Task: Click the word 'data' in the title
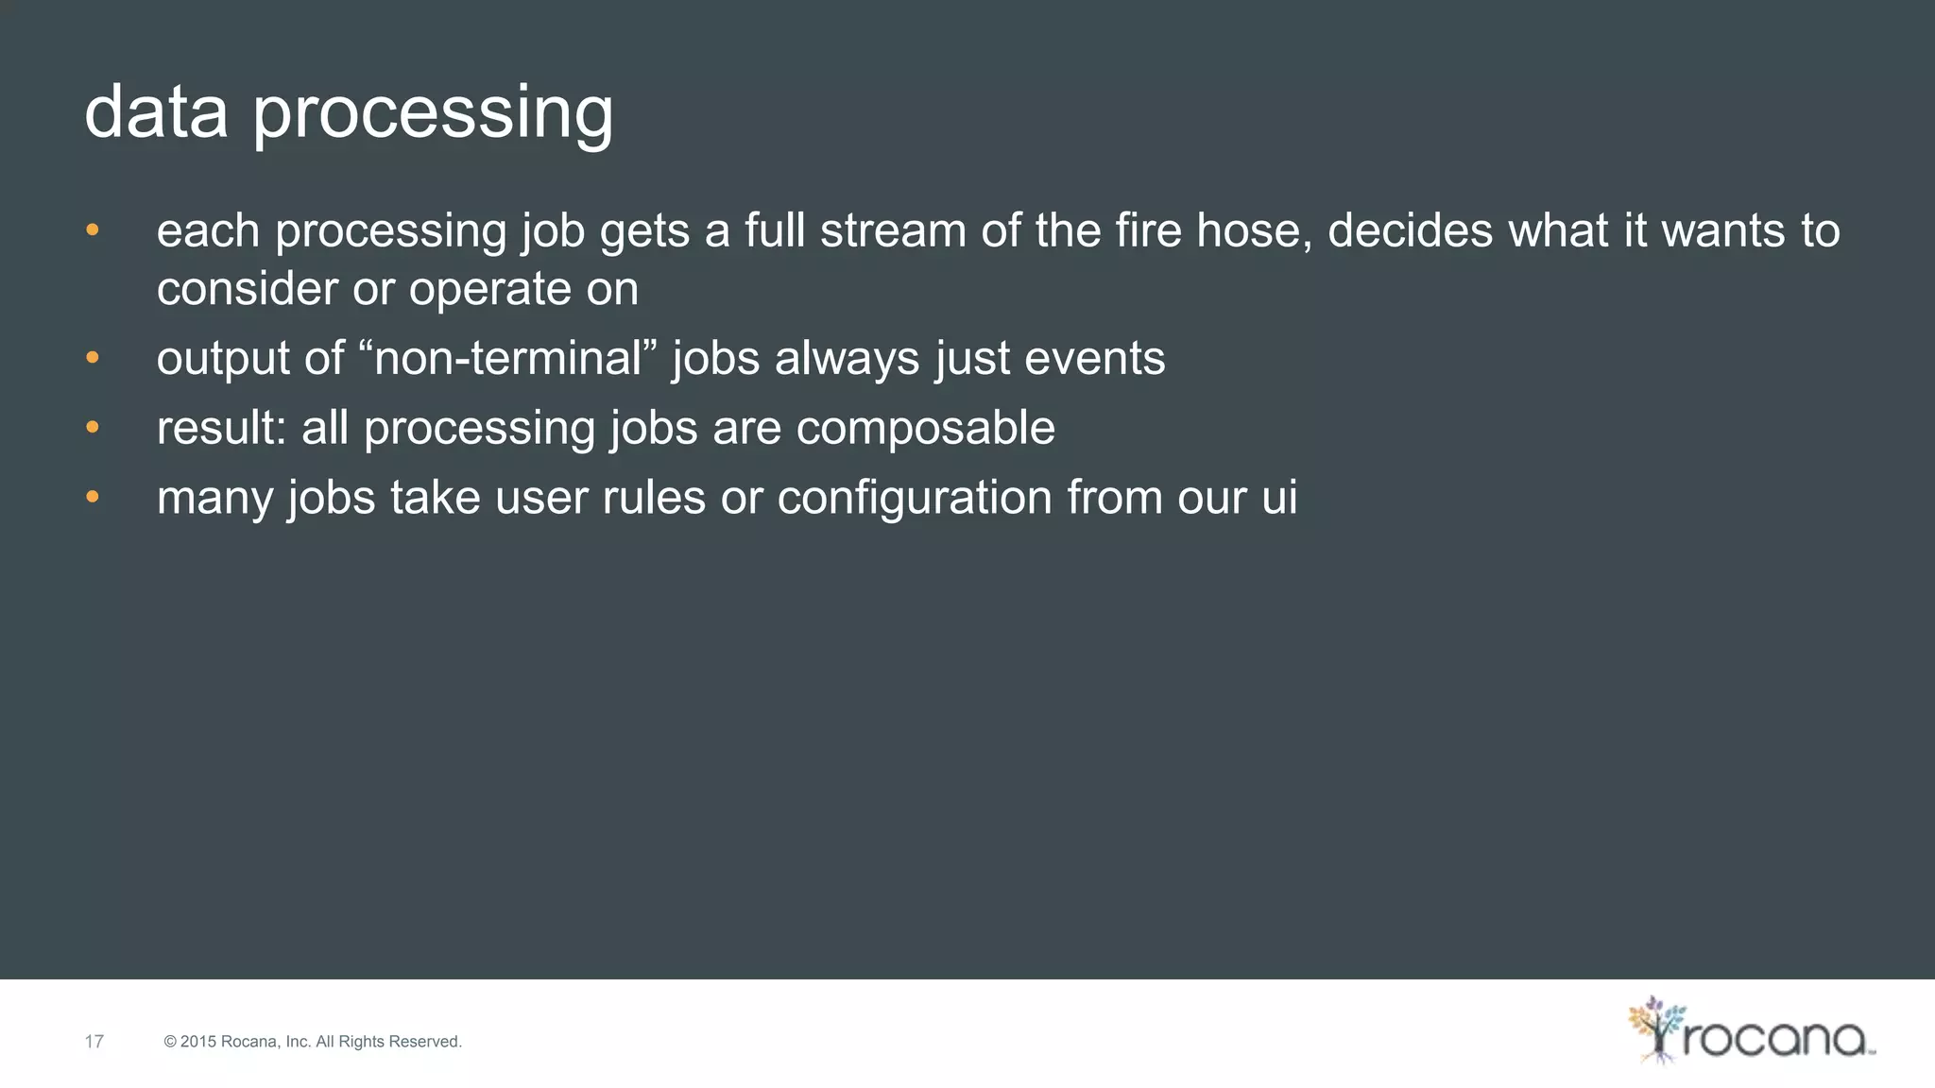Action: [x=156, y=111]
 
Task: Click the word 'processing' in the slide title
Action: [x=433, y=115]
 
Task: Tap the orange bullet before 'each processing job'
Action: [x=92, y=230]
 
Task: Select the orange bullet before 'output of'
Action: [x=92, y=358]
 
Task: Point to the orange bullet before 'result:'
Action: [x=92, y=428]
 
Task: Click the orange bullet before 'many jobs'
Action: [x=92, y=498]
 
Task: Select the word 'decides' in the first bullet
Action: [x=1410, y=231]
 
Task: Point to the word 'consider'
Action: [x=247, y=289]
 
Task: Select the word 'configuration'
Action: [x=914, y=498]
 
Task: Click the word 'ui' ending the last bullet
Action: [x=1279, y=498]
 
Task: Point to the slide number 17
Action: [x=94, y=1042]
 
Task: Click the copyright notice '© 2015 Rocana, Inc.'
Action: [x=313, y=1042]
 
